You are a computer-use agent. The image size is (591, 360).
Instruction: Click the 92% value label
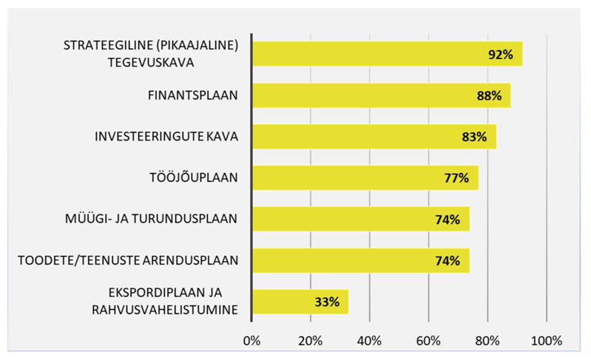click(501, 55)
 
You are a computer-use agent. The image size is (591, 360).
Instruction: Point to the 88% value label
click(489, 96)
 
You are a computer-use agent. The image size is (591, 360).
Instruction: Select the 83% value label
click(474, 137)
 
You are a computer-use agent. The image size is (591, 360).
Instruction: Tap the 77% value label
click(456, 178)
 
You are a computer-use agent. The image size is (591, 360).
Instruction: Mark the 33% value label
click(326, 302)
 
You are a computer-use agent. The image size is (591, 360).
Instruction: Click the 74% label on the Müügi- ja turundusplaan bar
click(448, 220)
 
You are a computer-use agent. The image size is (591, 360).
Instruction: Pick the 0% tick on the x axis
click(252, 342)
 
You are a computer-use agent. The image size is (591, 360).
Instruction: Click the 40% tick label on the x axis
click(369, 342)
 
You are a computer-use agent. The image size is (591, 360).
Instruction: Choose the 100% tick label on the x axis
click(546, 342)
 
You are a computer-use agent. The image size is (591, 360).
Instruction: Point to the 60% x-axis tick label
click(428, 342)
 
